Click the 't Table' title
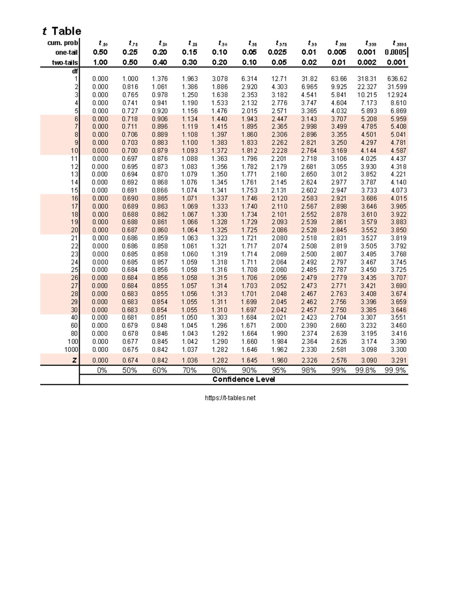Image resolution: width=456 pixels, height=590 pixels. (x=62, y=31)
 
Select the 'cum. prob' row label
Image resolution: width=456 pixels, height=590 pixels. (x=63, y=43)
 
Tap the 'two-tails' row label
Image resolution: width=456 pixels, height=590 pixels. (x=65, y=63)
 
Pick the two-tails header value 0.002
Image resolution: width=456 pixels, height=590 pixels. (x=367, y=63)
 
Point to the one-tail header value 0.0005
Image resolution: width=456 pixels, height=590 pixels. (x=395, y=52)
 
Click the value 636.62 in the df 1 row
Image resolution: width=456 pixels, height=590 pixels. (x=397, y=79)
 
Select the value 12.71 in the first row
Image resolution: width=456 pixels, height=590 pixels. (x=279, y=79)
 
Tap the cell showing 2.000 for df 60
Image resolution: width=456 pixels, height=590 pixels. (x=279, y=326)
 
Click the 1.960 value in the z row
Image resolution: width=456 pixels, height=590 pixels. (x=279, y=360)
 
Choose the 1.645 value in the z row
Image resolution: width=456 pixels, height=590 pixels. (x=249, y=360)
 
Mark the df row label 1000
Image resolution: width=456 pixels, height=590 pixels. (x=71, y=350)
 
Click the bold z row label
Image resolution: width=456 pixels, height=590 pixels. (x=74, y=360)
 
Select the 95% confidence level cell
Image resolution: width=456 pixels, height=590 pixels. (x=279, y=370)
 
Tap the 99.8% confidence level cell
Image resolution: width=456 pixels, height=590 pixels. (x=366, y=370)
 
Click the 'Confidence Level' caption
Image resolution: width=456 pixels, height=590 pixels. (x=244, y=380)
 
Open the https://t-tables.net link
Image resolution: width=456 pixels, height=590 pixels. (x=230, y=398)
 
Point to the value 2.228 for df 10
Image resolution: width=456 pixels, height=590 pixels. (x=279, y=150)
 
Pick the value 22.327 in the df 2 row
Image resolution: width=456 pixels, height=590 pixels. (x=367, y=87)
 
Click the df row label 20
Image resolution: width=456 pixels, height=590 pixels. (x=74, y=230)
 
